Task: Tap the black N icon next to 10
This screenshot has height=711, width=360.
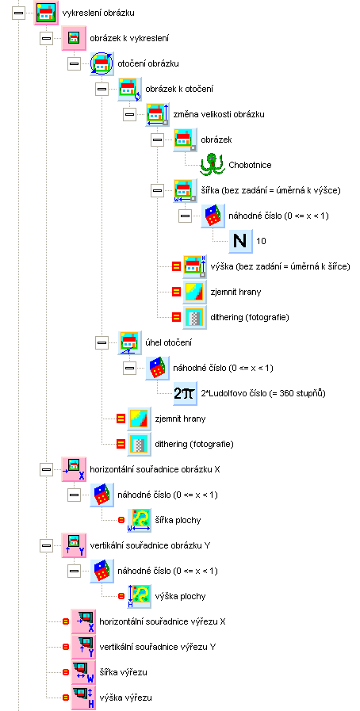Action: (239, 241)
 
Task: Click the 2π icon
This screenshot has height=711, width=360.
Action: (185, 393)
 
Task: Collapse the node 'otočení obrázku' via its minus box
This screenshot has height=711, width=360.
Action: (74, 64)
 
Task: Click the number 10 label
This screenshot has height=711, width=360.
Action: (261, 241)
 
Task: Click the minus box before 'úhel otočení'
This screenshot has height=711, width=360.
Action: (102, 342)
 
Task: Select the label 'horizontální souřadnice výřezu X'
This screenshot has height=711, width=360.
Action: (162, 621)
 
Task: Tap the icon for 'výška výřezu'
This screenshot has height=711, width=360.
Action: (83, 697)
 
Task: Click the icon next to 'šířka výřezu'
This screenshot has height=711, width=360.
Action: (83, 672)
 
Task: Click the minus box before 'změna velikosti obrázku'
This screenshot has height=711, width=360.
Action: (130, 114)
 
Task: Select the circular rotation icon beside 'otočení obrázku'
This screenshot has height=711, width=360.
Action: (101, 64)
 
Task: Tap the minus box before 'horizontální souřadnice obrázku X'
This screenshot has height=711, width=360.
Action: (46, 470)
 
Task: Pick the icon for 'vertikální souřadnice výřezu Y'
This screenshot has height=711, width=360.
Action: (83, 647)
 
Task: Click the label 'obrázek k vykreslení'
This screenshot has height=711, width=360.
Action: (129, 39)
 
